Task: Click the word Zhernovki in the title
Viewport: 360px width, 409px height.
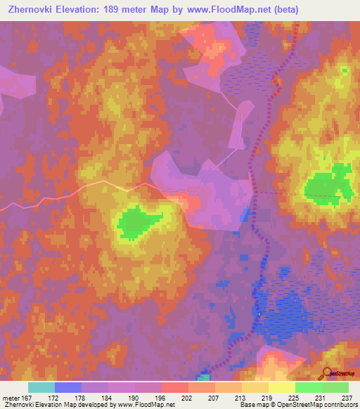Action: [32, 10]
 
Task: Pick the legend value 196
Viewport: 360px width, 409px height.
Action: [162, 397]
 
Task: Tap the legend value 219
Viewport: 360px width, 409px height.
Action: [269, 397]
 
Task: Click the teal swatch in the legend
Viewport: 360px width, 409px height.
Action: [41, 387]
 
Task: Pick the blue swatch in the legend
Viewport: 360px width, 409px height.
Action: [68, 387]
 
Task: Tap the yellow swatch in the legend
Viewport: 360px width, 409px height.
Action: [282, 387]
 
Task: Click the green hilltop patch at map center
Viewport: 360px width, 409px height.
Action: [137, 223]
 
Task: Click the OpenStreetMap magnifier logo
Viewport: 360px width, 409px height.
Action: [327, 373]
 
